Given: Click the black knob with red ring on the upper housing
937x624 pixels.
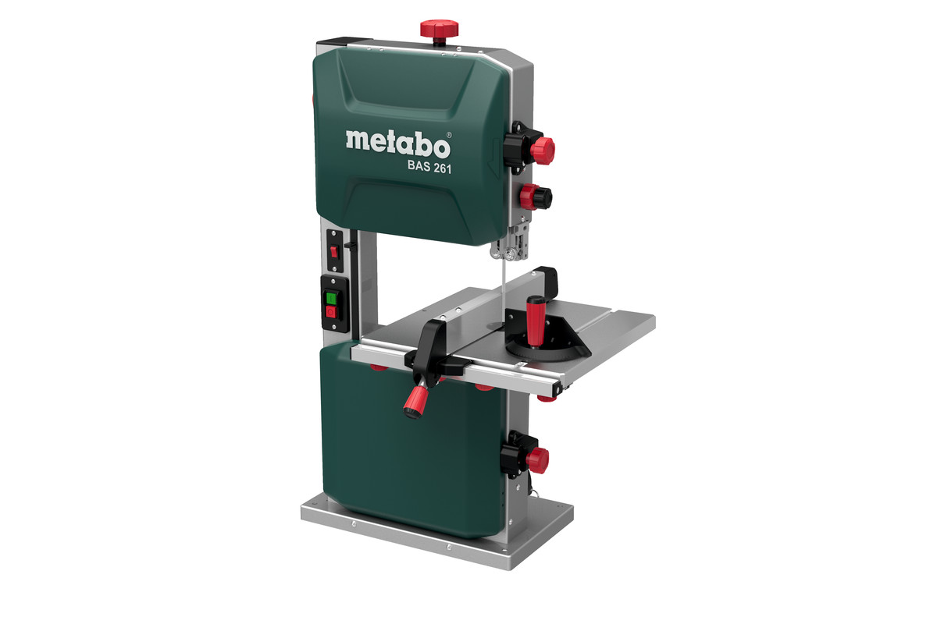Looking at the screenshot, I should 536,197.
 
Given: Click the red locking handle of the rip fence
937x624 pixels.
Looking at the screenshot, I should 414,401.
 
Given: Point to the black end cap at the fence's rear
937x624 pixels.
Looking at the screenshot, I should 547,278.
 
